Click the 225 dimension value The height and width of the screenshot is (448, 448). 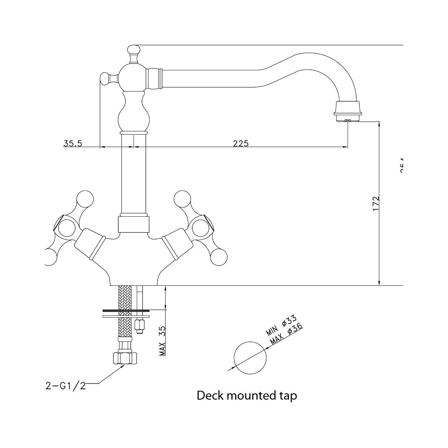(241, 143)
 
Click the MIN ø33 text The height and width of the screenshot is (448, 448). (281, 326)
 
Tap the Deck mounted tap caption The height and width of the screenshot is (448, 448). (247, 396)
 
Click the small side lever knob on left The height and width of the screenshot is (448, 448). (105, 78)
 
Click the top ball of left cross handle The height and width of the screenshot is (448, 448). (84, 198)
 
